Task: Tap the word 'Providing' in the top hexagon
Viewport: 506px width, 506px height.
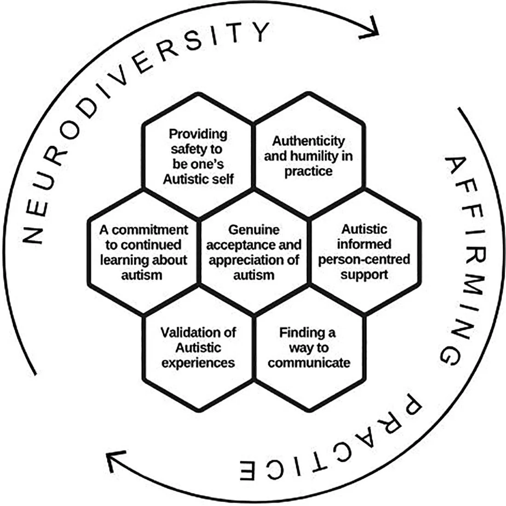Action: click(x=198, y=134)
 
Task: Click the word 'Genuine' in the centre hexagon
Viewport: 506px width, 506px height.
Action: click(x=254, y=229)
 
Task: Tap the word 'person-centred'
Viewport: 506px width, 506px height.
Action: click(x=364, y=259)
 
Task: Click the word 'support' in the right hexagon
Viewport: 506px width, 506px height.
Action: click(x=364, y=275)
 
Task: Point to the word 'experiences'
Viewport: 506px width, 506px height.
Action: click(x=198, y=362)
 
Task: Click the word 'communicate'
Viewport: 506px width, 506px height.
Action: click(x=309, y=362)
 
